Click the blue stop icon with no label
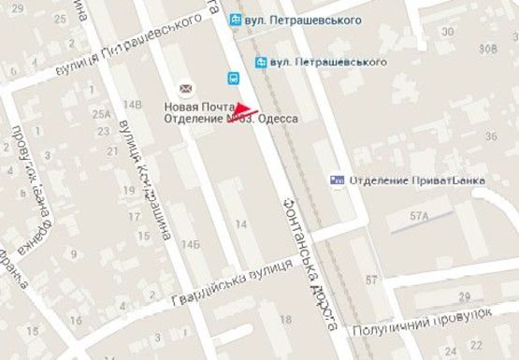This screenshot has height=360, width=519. [234, 79]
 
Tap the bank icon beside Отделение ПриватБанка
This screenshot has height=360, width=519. [338, 180]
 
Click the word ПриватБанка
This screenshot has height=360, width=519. [440, 180]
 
